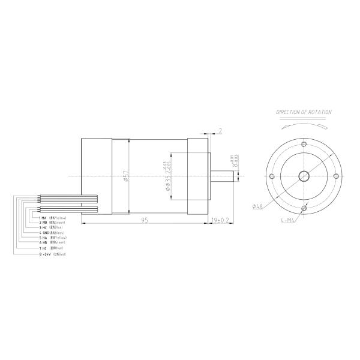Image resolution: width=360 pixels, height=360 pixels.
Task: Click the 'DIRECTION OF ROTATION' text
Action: point(304,112)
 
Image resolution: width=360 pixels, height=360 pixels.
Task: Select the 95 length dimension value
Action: point(145,220)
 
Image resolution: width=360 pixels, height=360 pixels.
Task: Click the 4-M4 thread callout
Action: point(289,220)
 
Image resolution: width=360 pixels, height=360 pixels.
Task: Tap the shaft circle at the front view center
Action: point(304,176)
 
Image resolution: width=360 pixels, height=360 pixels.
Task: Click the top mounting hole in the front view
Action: point(304,145)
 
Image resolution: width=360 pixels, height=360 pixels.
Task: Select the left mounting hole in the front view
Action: point(272,176)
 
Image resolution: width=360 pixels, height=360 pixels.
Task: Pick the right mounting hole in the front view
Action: point(335,176)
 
